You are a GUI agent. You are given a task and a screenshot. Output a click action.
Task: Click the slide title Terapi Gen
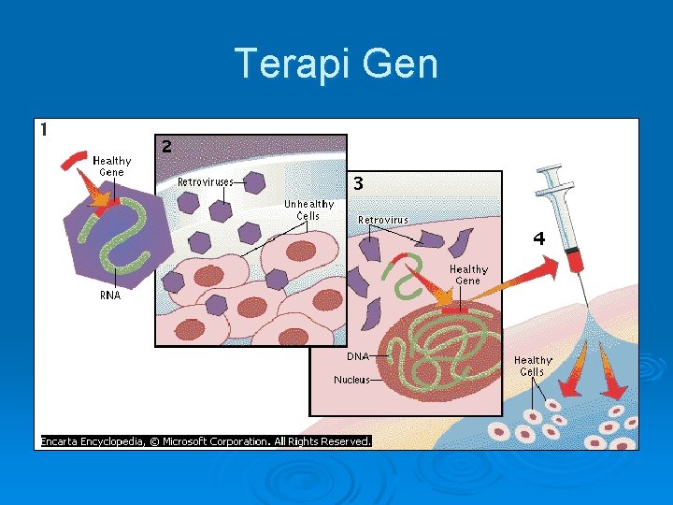point(336,65)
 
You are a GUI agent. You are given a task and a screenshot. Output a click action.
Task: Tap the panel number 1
point(44,130)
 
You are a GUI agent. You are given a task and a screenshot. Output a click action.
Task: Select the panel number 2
point(166,146)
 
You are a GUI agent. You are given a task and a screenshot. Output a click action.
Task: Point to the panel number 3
point(358,182)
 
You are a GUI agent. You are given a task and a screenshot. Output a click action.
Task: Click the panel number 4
point(538,238)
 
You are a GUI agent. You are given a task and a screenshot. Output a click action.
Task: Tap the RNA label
point(109,295)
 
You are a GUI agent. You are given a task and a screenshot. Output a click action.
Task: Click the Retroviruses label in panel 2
point(206,181)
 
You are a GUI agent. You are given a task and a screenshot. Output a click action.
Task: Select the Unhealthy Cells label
point(308,209)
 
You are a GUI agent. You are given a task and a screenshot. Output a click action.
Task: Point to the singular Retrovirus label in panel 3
point(383,221)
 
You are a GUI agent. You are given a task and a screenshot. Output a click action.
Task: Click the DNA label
point(358,356)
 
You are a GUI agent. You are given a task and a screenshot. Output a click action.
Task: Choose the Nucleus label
point(351,380)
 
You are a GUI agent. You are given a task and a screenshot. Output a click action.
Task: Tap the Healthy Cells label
point(533,366)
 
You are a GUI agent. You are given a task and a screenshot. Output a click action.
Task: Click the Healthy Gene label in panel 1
point(111,166)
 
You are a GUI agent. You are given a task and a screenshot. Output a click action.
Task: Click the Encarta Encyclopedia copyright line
point(206,440)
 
